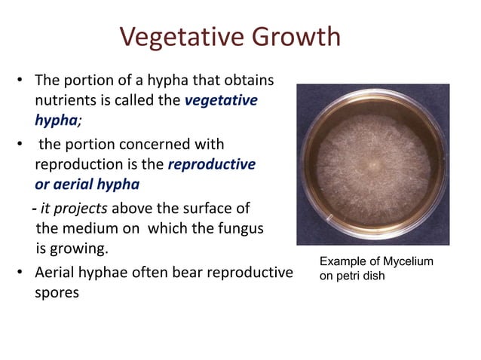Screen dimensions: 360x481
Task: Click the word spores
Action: coord(57,292)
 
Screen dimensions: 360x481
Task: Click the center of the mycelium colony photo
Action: coord(372,163)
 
